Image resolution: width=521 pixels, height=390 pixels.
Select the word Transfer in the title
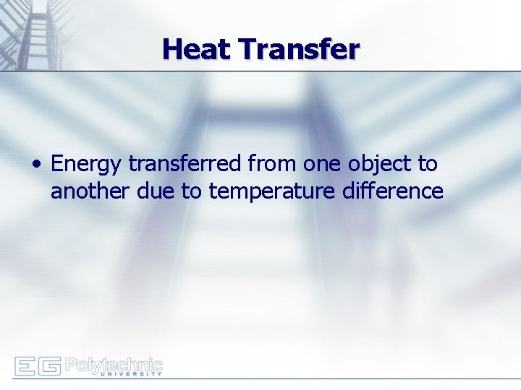299,49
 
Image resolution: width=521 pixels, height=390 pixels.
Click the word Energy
88,165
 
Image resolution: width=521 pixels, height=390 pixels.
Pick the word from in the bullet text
273,164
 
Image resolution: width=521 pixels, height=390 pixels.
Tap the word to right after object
428,164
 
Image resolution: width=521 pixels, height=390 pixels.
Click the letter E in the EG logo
25,366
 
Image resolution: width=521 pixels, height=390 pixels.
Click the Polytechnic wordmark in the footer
114,364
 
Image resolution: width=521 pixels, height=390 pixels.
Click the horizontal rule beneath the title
289,71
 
